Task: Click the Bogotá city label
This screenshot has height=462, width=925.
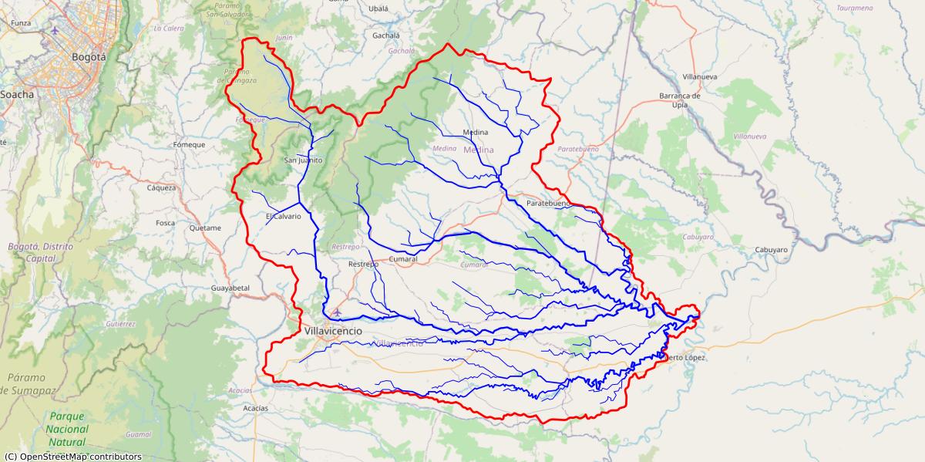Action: coord(88,56)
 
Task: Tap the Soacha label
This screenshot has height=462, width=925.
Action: coord(17,94)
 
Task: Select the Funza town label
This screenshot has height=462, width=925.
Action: coord(21,23)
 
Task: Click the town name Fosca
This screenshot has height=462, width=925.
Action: coord(165,223)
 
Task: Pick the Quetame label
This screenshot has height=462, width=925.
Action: coord(205,228)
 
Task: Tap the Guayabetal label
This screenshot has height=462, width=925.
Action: coord(230,288)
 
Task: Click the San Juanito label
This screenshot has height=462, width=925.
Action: coord(303,160)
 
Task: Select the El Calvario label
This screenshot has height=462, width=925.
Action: coord(283,216)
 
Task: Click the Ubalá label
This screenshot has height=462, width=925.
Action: coord(379,8)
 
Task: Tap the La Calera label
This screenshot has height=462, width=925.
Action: coord(169,29)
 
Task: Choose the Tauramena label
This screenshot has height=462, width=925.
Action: coord(855,8)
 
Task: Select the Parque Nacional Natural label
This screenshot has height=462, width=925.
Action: coord(66,429)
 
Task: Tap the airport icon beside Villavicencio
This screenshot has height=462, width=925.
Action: coord(335,312)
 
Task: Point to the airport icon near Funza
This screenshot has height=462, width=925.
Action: coord(55,31)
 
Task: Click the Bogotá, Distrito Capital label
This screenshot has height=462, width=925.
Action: coord(32,252)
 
